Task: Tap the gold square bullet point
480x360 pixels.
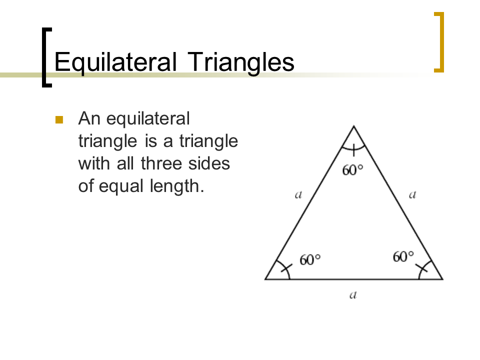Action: point(59,119)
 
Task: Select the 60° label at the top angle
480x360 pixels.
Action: point(352,170)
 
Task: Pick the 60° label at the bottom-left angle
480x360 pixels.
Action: point(310,260)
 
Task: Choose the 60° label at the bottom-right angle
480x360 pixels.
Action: point(403,257)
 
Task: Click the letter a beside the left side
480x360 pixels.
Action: point(298,195)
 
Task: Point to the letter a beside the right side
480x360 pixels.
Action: point(412,195)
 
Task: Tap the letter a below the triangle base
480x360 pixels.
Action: point(352,295)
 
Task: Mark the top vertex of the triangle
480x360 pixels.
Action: point(353,126)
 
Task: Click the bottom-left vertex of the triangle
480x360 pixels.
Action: point(265,279)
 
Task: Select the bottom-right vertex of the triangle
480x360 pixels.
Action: point(442,279)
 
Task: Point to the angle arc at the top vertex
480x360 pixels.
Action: point(353,148)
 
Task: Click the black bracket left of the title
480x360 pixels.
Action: point(45,57)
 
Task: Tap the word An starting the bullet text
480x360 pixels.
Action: point(89,119)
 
